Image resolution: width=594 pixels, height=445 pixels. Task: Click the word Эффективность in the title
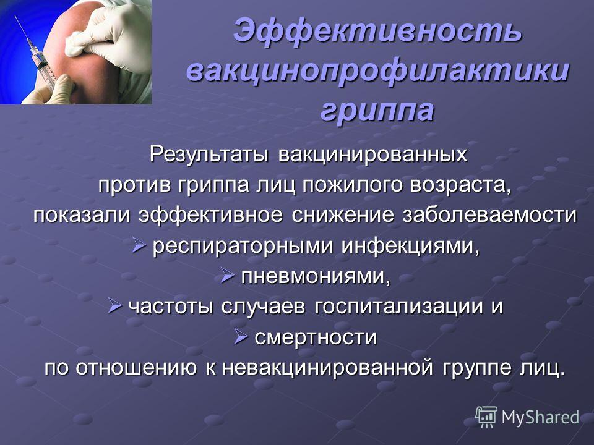pos(377,30)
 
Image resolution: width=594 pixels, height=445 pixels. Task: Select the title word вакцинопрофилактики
pos(377,70)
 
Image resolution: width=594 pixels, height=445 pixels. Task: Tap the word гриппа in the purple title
pos(377,111)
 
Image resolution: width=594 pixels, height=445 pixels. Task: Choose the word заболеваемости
pos(489,215)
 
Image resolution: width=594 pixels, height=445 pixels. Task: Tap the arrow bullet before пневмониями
pos(228,276)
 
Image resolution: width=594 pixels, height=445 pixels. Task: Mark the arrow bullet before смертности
pos(241,336)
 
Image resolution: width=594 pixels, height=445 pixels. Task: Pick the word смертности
pos(316,337)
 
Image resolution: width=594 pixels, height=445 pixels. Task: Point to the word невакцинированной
pos(327,367)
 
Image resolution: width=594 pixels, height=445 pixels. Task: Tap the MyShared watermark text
pos(541,418)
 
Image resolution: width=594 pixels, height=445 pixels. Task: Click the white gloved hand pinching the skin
pos(110,34)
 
